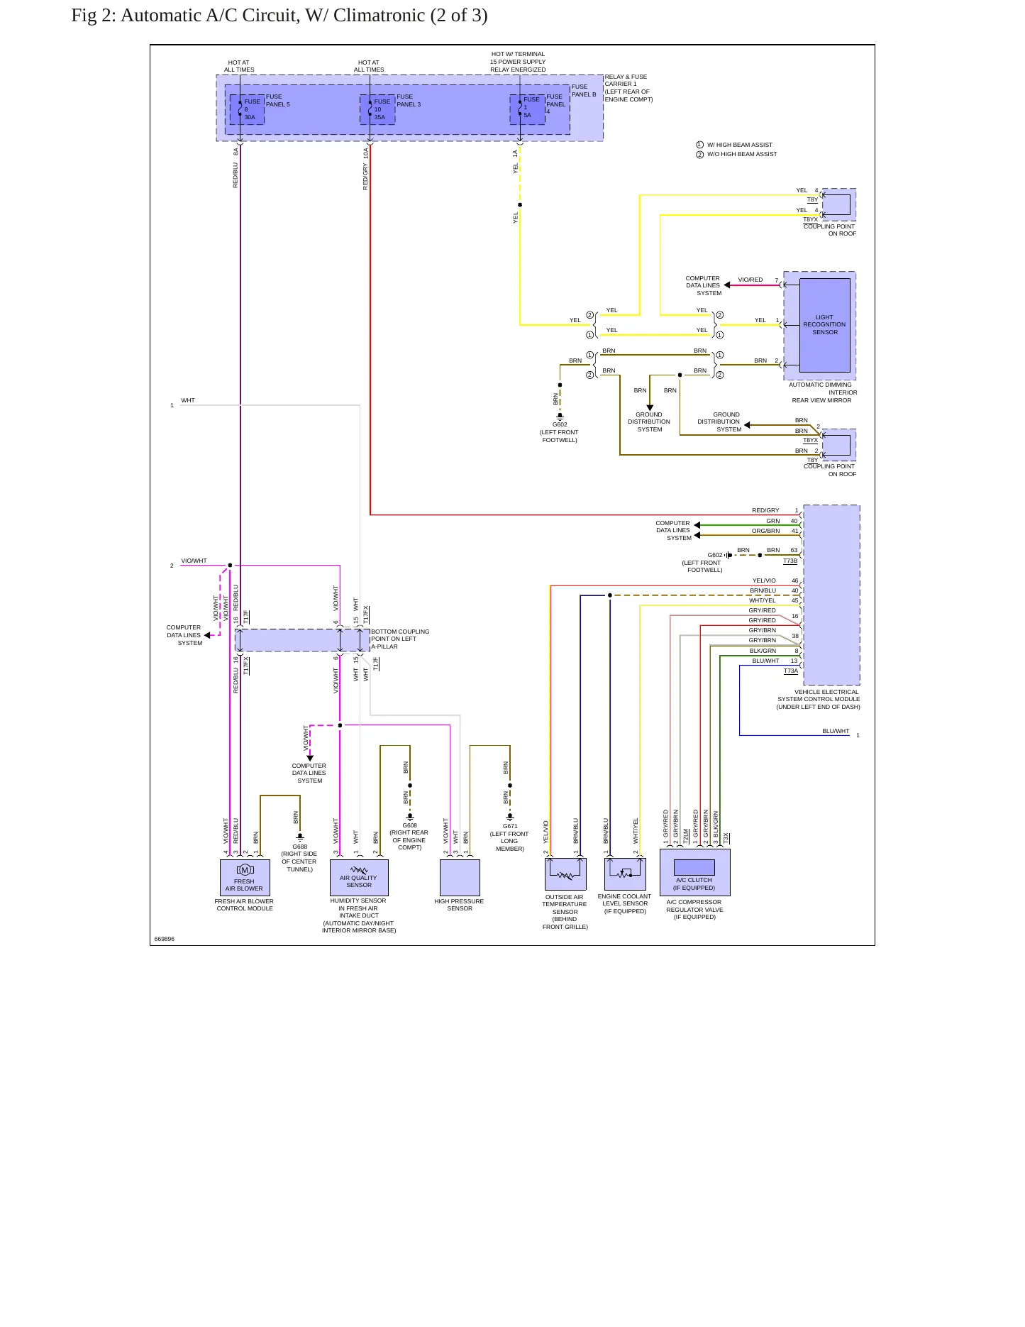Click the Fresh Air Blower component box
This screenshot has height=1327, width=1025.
(245, 877)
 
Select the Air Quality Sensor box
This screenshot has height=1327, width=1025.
(359, 877)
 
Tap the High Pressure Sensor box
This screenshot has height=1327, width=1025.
(460, 877)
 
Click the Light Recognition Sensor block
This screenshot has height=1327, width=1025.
(824, 325)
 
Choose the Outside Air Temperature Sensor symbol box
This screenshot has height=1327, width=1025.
(565, 874)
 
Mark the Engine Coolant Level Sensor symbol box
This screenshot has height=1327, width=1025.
(625, 874)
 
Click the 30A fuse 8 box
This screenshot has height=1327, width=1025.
(247, 109)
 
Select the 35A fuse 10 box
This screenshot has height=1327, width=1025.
(377, 109)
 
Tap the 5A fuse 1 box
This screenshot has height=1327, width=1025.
(528, 109)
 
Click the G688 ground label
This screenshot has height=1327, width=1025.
(300, 847)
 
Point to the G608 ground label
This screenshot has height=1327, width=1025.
(410, 825)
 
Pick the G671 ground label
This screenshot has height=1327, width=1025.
(510, 826)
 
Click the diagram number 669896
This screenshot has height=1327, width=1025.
(165, 939)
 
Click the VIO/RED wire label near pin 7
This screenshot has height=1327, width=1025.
(750, 280)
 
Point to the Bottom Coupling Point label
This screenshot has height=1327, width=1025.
(400, 639)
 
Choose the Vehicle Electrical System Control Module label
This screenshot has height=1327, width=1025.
(819, 699)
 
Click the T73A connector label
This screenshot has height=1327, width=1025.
(791, 671)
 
